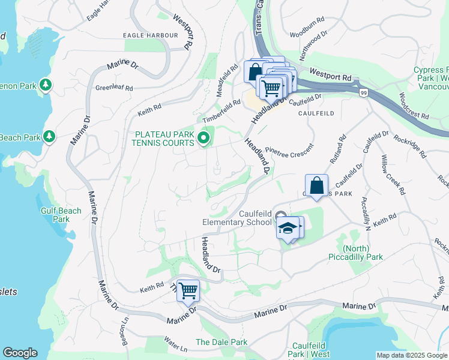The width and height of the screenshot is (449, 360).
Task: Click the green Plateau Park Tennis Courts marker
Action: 203,139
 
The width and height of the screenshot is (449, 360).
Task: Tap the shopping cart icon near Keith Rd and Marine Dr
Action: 188,291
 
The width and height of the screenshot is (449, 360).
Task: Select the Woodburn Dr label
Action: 307,35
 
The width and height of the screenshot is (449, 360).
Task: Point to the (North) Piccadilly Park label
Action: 355,253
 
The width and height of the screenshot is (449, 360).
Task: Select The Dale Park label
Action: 221,342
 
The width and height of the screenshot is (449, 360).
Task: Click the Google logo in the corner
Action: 20,353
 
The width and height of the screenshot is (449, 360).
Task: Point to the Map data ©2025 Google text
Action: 412,355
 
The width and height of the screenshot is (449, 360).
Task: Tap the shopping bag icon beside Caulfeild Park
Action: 316,185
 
